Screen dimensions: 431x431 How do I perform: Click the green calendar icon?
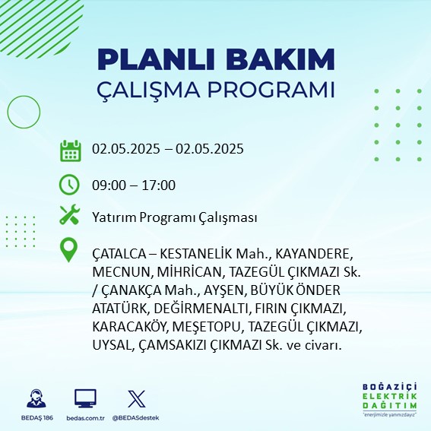pyautogui.click(x=71, y=151)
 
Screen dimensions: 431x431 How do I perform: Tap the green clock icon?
pyautogui.click(x=69, y=185)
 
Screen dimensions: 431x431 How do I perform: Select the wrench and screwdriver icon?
pyautogui.click(x=69, y=214)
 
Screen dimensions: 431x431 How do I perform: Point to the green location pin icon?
pyautogui.click(x=68, y=250)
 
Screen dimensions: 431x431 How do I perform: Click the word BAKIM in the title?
pyautogui.click(x=280, y=59)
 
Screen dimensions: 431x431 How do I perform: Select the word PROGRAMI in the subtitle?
pyautogui.click(x=271, y=90)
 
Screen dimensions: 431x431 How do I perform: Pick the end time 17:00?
pyautogui.click(x=159, y=185)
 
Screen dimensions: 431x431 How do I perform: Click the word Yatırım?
pyautogui.click(x=114, y=217)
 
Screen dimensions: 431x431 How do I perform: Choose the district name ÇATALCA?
pyautogui.click(x=119, y=254)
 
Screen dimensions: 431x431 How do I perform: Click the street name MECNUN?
pyautogui.click(x=121, y=272)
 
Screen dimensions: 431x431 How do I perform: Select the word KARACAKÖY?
pyautogui.click(x=129, y=327)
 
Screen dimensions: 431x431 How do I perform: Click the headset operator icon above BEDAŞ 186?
pyautogui.click(x=36, y=398)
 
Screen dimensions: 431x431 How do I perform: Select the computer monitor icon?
pyautogui.click(x=85, y=398)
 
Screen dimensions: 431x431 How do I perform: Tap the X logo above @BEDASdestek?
pyautogui.click(x=137, y=398)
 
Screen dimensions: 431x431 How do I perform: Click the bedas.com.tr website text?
pyautogui.click(x=85, y=418)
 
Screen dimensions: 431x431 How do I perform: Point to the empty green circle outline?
pyautogui.click(x=8, y=113)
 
